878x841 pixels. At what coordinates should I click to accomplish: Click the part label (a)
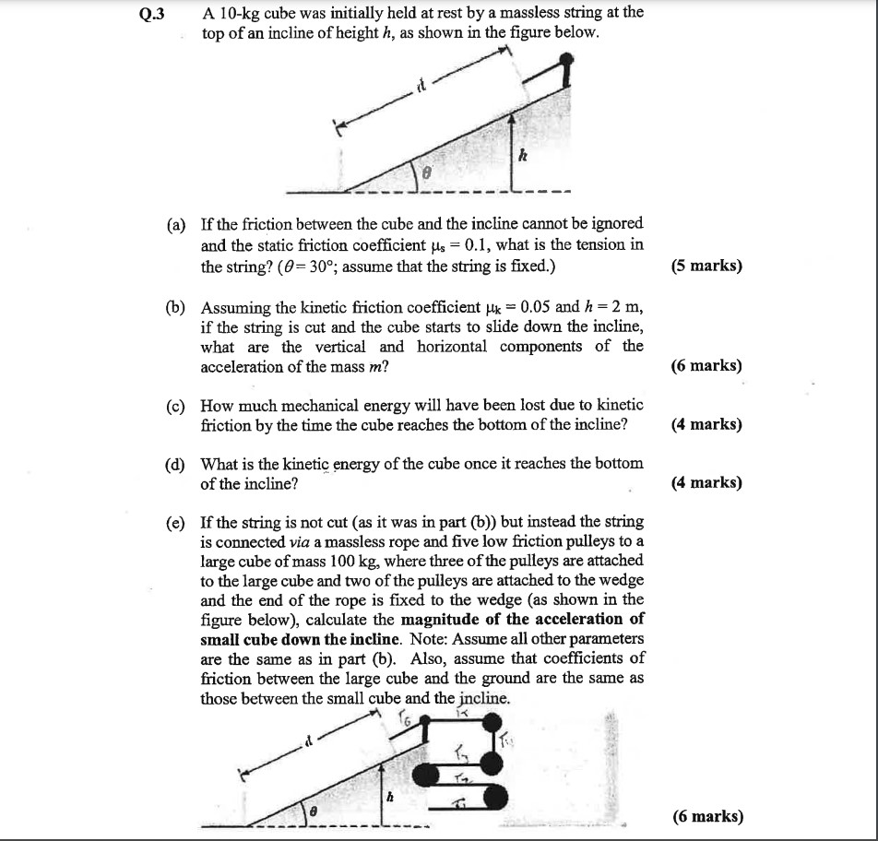click(176, 225)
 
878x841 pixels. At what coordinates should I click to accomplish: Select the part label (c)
click(176, 406)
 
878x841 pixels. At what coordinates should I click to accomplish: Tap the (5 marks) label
click(707, 267)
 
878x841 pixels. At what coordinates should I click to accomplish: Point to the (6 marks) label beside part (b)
click(707, 365)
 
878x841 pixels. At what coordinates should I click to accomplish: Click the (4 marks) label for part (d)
click(707, 482)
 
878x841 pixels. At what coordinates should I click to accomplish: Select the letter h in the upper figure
click(521, 157)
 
